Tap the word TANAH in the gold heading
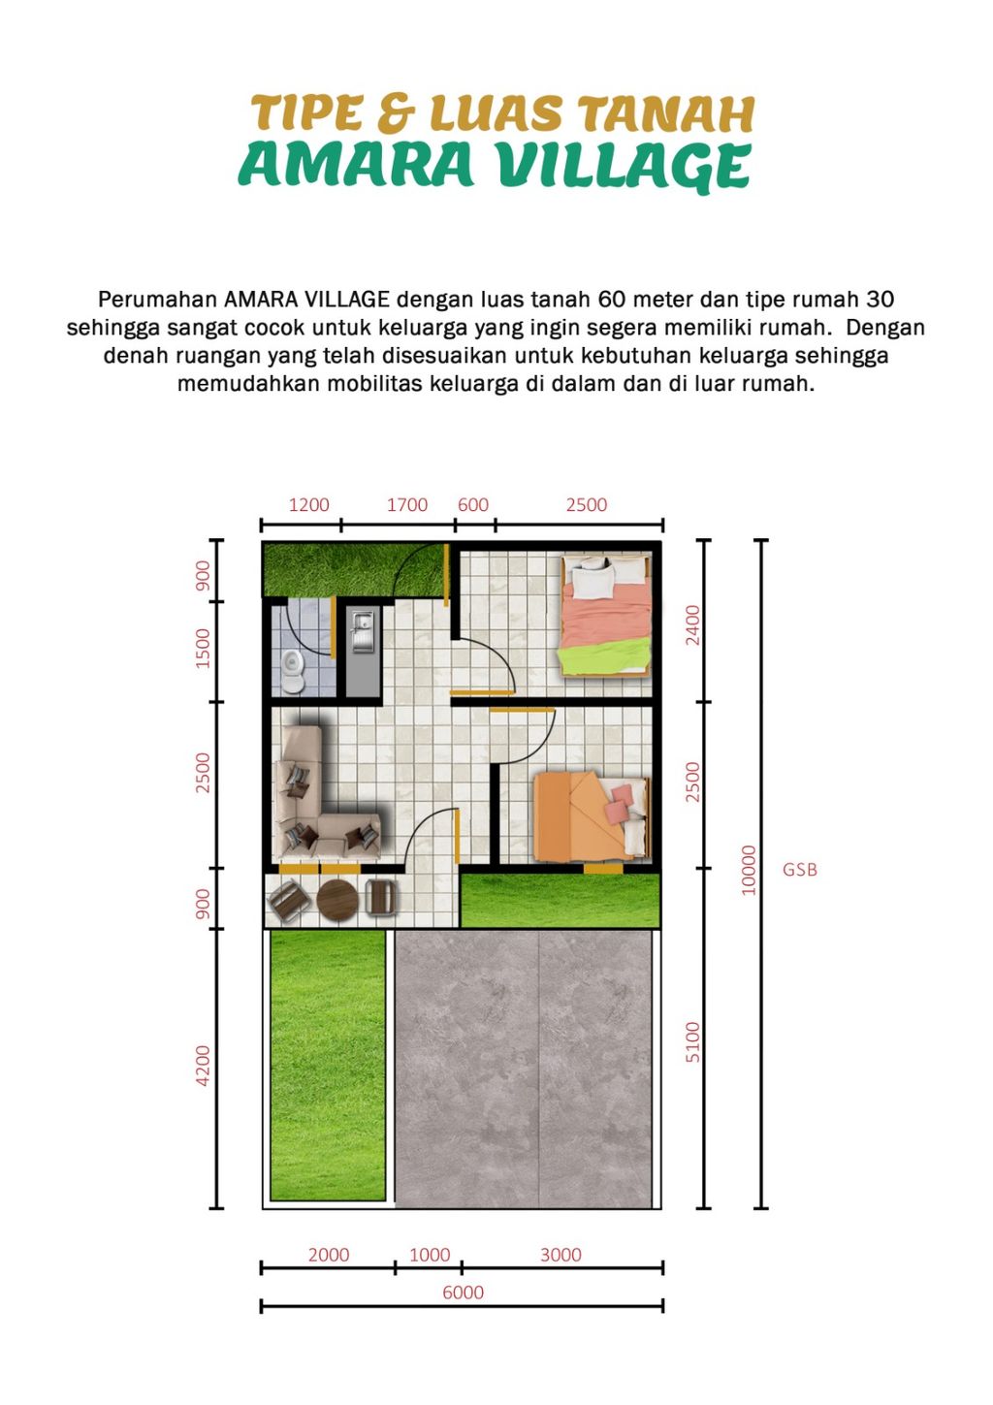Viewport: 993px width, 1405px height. point(667,113)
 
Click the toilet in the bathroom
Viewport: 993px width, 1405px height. point(293,668)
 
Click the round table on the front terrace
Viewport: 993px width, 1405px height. point(337,899)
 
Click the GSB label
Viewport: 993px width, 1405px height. point(800,870)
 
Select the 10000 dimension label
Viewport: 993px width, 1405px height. point(748,870)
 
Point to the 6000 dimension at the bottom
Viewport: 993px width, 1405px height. point(463,1293)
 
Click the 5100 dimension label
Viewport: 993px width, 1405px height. point(692,1041)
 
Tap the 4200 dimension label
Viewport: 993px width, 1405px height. point(203,1065)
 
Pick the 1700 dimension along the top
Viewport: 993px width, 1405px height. point(407,504)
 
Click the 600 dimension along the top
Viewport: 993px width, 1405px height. point(473,504)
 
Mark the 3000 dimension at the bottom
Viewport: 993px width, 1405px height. point(561,1255)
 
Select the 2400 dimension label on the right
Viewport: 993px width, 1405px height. point(692,625)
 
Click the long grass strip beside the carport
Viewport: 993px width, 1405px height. point(328,1065)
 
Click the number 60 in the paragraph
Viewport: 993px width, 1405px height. point(612,299)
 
